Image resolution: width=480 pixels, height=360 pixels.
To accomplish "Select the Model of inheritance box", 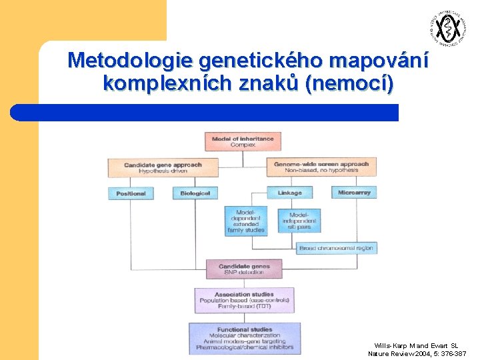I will click(243, 141).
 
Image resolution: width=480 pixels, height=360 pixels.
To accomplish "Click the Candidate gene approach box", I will click(163, 167).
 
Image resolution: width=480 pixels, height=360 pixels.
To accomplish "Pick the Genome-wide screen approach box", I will click(321, 167).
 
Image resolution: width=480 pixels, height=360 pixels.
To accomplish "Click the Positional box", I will click(131, 193).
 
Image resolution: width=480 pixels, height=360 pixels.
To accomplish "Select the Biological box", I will click(195, 193).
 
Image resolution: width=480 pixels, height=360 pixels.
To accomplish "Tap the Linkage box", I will click(289, 193).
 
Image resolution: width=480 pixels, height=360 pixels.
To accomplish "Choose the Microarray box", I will click(354, 192).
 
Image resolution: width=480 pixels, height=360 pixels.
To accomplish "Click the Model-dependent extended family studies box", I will click(246, 221).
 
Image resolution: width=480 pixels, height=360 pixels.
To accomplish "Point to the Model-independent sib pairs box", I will click(299, 220).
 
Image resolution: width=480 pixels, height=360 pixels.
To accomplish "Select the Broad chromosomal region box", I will click(336, 248).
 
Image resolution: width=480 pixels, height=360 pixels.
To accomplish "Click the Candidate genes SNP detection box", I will click(245, 269).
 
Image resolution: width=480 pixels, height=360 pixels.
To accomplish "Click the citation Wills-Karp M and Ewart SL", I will click(416, 346).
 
